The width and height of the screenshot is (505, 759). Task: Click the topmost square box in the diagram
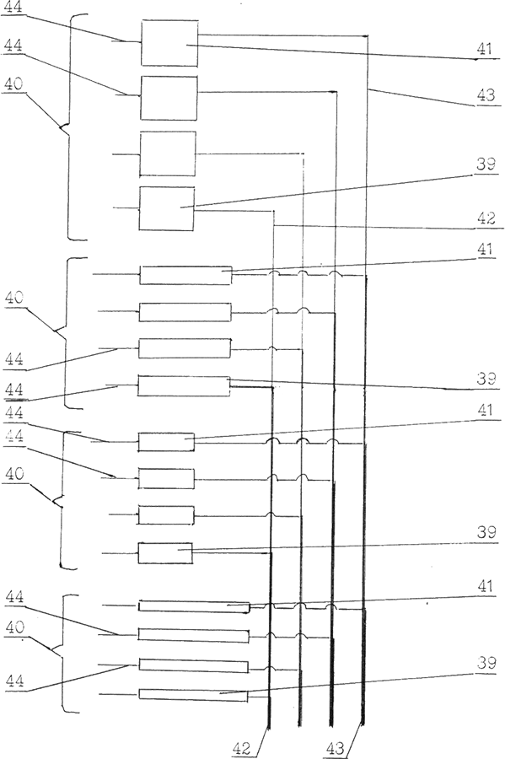[169, 43]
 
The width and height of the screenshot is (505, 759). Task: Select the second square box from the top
[169, 98]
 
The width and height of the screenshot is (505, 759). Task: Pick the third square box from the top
[168, 153]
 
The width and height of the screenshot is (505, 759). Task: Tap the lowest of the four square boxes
[167, 208]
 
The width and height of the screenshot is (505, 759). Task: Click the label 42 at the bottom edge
[242, 749]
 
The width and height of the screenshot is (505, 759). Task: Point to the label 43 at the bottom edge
[335, 749]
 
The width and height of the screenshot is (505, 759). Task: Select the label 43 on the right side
[486, 95]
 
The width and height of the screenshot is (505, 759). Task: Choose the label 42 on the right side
[486, 218]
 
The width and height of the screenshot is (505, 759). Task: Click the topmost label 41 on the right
[484, 49]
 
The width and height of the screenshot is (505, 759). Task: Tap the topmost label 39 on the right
[486, 164]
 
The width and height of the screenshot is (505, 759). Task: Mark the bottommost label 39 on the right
[486, 663]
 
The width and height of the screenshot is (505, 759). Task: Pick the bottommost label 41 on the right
[484, 587]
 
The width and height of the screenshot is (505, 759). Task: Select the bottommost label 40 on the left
[15, 627]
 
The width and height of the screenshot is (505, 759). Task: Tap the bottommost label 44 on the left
[15, 681]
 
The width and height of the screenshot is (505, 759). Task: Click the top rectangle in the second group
[185, 275]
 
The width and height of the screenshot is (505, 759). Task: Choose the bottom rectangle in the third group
[165, 553]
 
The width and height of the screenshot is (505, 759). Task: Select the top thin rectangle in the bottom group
[194, 606]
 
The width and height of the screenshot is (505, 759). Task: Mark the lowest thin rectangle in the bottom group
[193, 695]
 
